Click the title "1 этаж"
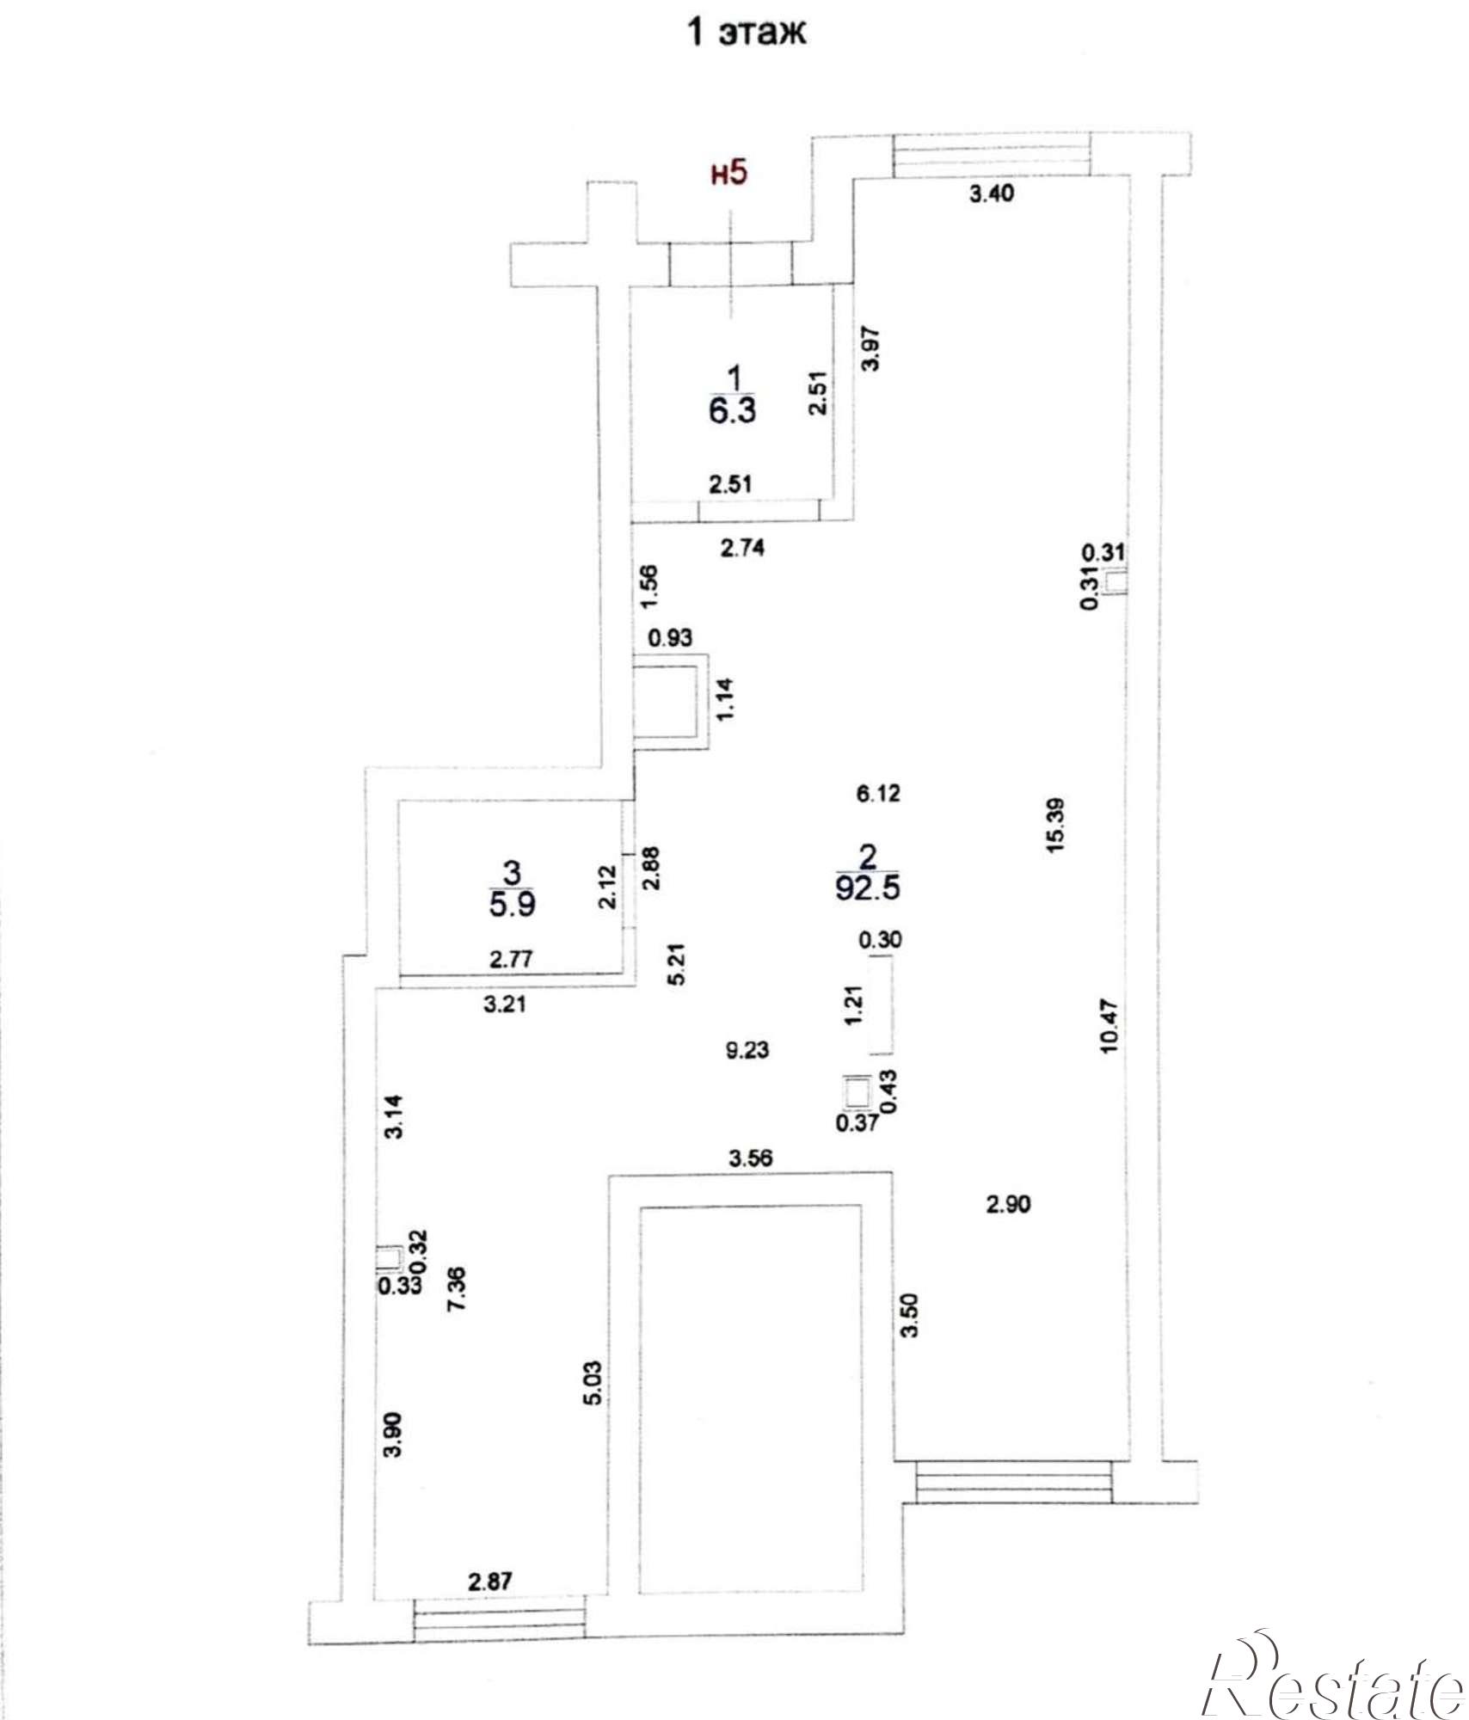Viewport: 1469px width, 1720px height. pyautogui.click(x=746, y=33)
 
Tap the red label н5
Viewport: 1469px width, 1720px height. pyautogui.click(x=729, y=173)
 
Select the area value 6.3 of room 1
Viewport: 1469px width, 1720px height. pyautogui.click(x=732, y=410)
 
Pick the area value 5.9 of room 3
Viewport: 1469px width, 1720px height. pyautogui.click(x=513, y=905)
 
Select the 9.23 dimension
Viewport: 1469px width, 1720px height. pyautogui.click(x=747, y=1050)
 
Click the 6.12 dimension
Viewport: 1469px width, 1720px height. pyautogui.click(x=878, y=793)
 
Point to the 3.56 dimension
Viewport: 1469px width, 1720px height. pyautogui.click(x=750, y=1158)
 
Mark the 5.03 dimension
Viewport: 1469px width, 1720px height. pyautogui.click(x=593, y=1382)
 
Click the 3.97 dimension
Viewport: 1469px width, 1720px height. pyautogui.click(x=871, y=348)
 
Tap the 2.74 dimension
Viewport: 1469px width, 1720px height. pyautogui.click(x=743, y=548)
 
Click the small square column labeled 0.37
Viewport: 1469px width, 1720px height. pyautogui.click(x=854, y=1092)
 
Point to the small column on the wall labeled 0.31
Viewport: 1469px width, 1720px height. pyautogui.click(x=1116, y=582)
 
